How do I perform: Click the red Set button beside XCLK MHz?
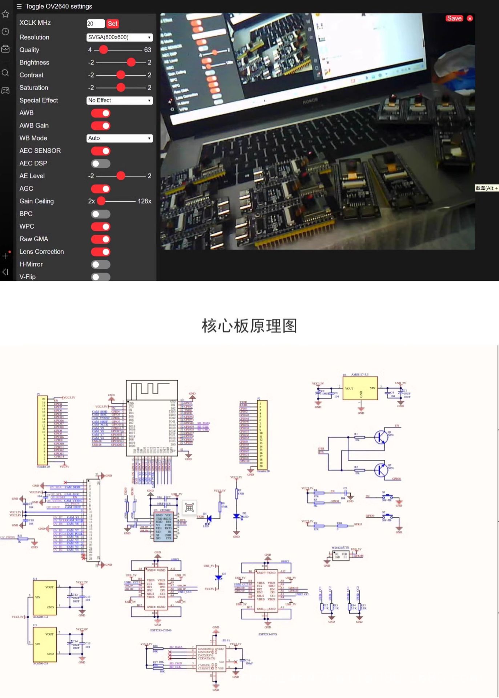112,24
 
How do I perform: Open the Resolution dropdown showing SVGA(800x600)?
119,37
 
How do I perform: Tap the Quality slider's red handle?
104,50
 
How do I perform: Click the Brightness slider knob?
131,63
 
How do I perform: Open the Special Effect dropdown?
119,100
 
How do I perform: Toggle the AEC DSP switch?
101,164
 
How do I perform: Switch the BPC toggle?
101,214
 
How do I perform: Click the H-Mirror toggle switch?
101,265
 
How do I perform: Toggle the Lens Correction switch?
101,252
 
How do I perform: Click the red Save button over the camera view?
454,19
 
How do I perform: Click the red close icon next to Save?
470,19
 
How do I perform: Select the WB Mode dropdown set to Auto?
119,138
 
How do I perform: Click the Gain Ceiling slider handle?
101,201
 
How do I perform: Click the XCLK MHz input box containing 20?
95,24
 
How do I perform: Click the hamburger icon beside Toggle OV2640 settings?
19,6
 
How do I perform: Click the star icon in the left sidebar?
5,14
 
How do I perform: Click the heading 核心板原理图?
249,325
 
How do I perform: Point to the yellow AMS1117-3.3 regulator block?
360,389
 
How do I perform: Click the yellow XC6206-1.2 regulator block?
45,597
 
